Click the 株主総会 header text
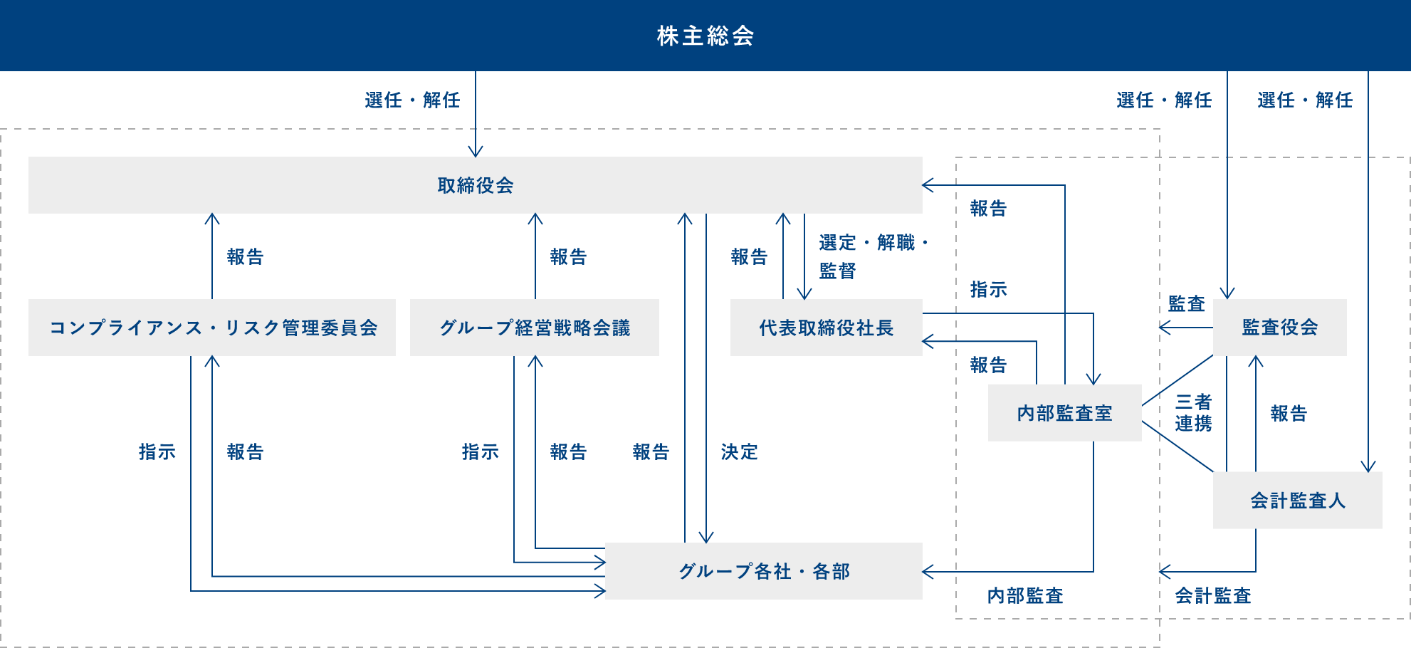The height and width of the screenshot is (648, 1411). pyautogui.click(x=705, y=36)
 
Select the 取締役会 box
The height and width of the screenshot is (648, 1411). pyautogui.click(x=475, y=185)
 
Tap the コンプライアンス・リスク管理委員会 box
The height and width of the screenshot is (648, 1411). pyautogui.click(x=212, y=328)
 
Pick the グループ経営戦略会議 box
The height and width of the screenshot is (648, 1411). pyautogui.click(x=535, y=328)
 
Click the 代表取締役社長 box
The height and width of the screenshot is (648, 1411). pyautogui.click(x=826, y=328)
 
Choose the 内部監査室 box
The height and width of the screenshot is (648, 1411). pyautogui.click(x=1064, y=413)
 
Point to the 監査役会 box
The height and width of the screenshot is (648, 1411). pyautogui.click(x=1279, y=328)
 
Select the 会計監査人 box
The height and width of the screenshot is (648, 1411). pyautogui.click(x=1297, y=501)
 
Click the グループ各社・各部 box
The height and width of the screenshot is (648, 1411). pyautogui.click(x=764, y=571)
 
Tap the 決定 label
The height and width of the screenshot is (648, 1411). pyautogui.click(x=739, y=452)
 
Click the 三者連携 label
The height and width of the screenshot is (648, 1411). pyautogui.click(x=1193, y=413)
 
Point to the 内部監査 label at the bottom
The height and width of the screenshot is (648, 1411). pyautogui.click(x=1025, y=596)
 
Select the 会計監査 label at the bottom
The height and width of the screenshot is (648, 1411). pyautogui.click(x=1212, y=596)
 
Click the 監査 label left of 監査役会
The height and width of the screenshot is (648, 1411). pyautogui.click(x=1186, y=304)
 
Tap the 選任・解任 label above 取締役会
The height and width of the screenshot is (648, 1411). pyautogui.click(x=412, y=100)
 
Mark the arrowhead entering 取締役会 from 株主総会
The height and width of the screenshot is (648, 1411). pyautogui.click(x=476, y=152)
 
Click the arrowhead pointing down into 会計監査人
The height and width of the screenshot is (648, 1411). pyautogui.click(x=1368, y=466)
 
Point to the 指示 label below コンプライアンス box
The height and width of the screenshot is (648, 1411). pyautogui.click(x=157, y=452)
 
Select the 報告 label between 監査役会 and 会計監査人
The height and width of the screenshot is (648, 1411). pyautogui.click(x=1289, y=414)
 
